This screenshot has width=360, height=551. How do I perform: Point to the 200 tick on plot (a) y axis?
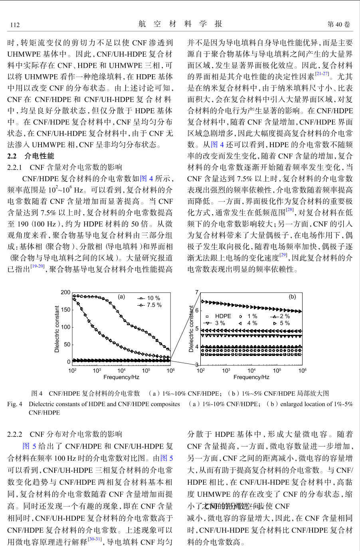point(65,292)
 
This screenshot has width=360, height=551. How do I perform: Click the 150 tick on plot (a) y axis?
point(65,310)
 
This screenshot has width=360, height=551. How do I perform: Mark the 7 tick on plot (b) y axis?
point(197,292)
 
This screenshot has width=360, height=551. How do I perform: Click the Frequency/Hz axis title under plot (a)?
point(121,377)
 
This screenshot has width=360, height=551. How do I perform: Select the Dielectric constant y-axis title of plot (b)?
point(191,329)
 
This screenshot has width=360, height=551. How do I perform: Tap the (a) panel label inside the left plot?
point(122,297)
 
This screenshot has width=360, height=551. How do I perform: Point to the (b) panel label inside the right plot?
point(293,297)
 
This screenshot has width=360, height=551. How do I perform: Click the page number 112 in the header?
point(15,25)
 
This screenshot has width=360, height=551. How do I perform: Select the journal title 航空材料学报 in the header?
point(180,24)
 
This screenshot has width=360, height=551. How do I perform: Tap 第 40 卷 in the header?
point(339,24)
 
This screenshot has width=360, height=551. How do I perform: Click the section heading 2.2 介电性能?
point(31,156)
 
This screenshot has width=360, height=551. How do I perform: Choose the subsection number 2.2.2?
point(15,434)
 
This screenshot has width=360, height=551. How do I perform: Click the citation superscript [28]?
point(290,210)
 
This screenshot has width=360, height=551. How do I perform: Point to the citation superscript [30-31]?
point(95,539)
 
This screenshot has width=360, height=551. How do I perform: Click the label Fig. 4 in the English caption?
point(15,404)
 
